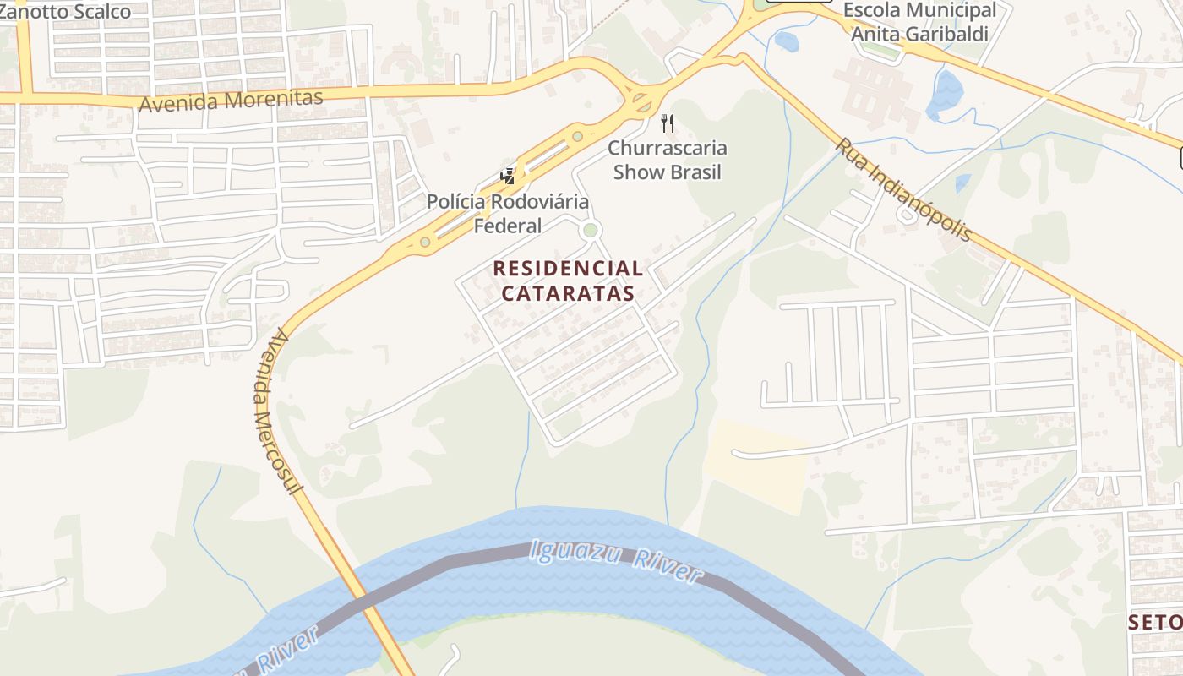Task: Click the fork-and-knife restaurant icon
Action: (668, 123)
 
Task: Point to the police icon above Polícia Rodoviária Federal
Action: (508, 176)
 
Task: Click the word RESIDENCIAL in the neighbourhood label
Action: (568, 269)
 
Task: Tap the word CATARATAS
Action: (568, 293)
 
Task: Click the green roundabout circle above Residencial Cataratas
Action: (591, 230)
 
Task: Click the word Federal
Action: (507, 226)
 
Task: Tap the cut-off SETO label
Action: (1155, 623)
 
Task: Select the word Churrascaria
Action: (668, 149)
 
